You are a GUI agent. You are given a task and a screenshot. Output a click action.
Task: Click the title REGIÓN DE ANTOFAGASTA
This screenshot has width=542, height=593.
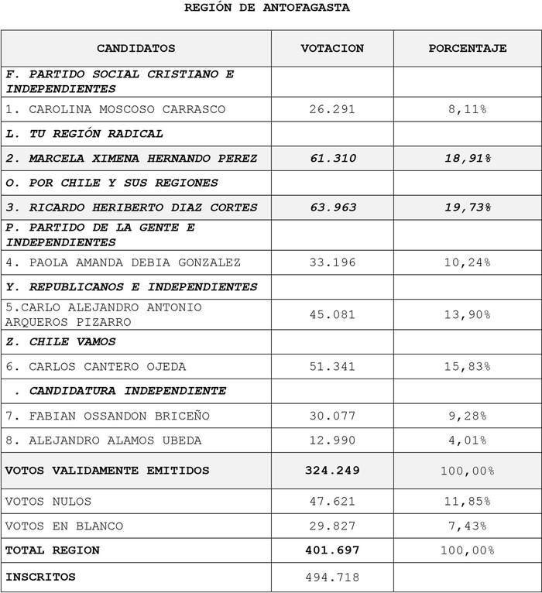[x=266, y=8]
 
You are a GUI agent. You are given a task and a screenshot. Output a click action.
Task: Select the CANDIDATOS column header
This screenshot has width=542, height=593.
[x=136, y=48]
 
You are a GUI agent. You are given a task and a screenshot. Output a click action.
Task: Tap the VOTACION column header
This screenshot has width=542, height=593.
[x=332, y=48]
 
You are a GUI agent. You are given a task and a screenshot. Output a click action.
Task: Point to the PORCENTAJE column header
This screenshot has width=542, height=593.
[x=468, y=48]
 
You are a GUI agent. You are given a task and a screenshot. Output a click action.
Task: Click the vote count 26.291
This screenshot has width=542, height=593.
[x=332, y=109]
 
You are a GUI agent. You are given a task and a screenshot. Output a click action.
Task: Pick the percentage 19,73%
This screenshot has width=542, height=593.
[x=468, y=207]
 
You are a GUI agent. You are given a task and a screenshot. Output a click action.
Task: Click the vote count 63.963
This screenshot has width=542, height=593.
[x=332, y=207]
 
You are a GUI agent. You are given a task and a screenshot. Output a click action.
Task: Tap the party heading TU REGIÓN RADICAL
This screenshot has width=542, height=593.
[x=84, y=134]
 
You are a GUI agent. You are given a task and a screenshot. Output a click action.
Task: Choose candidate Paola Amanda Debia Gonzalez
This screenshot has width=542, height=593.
[x=123, y=262]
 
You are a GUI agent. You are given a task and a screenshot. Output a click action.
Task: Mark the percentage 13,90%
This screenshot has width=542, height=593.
[x=468, y=314]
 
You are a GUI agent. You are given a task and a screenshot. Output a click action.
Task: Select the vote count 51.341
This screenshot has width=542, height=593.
[x=332, y=366]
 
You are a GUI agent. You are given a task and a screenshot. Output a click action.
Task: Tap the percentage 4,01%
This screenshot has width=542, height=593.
[x=468, y=440]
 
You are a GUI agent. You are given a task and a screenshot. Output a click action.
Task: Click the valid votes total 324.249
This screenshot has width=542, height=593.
[x=332, y=471]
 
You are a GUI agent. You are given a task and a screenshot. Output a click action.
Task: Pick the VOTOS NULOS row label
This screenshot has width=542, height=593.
[x=48, y=501]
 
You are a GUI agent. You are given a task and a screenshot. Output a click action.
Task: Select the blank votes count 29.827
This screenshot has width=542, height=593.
[x=332, y=526]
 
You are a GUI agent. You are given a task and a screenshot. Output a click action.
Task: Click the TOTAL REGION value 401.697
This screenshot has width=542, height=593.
[x=332, y=550]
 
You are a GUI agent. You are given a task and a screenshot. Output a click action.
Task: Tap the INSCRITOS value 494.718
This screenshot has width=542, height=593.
[x=332, y=577]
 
